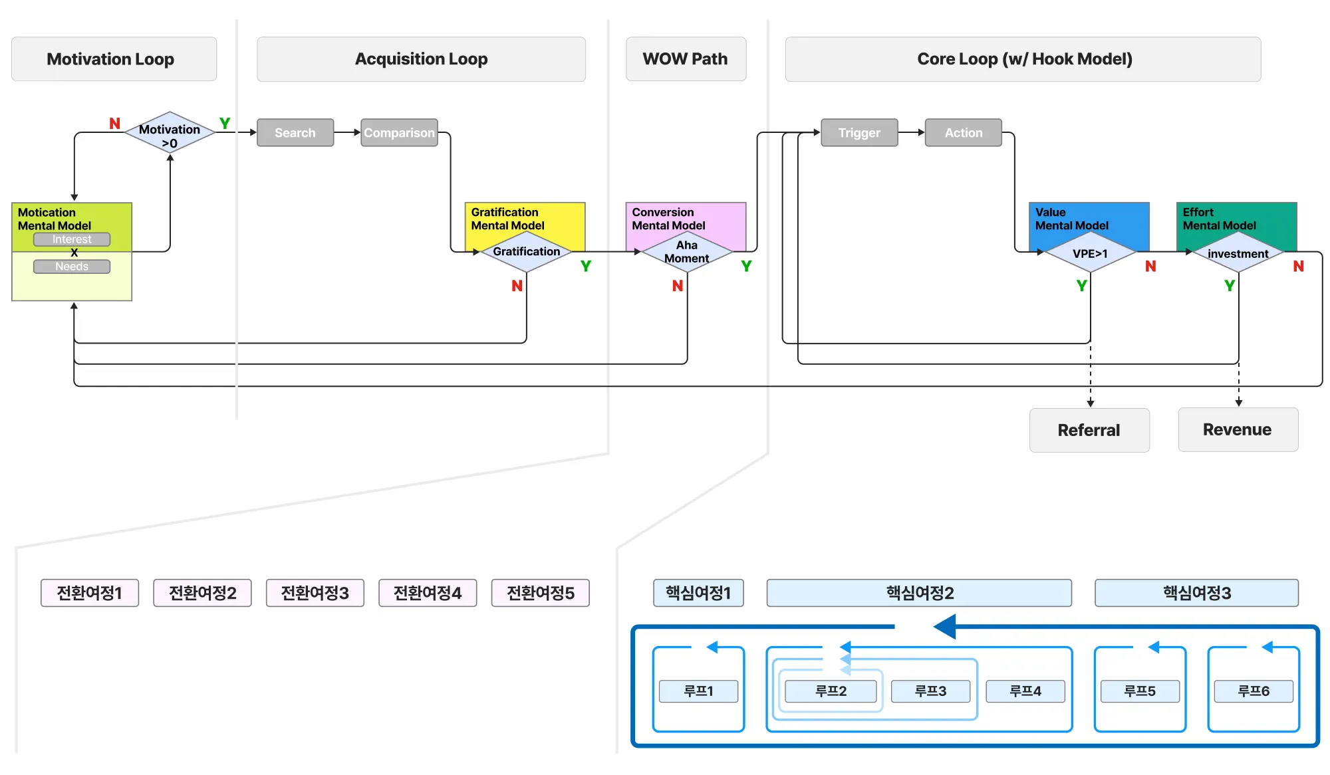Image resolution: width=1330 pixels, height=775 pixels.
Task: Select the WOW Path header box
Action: point(686,59)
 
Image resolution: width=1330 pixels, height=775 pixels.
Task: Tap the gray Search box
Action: point(295,133)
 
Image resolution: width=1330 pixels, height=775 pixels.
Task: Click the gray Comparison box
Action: point(399,133)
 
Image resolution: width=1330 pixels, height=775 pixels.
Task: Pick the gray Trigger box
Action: point(859,133)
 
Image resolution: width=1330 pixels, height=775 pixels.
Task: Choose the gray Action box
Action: point(963,133)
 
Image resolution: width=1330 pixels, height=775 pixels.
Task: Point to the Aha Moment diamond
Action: point(687,252)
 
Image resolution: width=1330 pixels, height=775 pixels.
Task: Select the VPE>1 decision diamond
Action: point(1090,253)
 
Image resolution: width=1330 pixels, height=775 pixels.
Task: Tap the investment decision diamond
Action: point(1238,253)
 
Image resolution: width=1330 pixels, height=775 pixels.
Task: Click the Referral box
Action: point(1089,430)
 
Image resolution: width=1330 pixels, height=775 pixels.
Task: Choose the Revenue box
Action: point(1238,429)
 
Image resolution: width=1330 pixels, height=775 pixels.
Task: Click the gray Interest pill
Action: point(72,239)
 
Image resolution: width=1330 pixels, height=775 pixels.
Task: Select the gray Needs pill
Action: point(72,267)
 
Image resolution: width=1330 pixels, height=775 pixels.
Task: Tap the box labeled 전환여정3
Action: point(315,593)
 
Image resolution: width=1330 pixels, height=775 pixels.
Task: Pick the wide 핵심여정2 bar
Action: point(919,593)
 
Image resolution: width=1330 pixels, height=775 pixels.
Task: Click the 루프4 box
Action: point(1025,691)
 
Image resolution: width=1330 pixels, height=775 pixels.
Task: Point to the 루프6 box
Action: point(1254,691)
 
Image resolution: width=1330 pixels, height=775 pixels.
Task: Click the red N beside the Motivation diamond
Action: point(114,124)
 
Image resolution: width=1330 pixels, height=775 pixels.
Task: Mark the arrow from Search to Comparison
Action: point(347,133)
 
